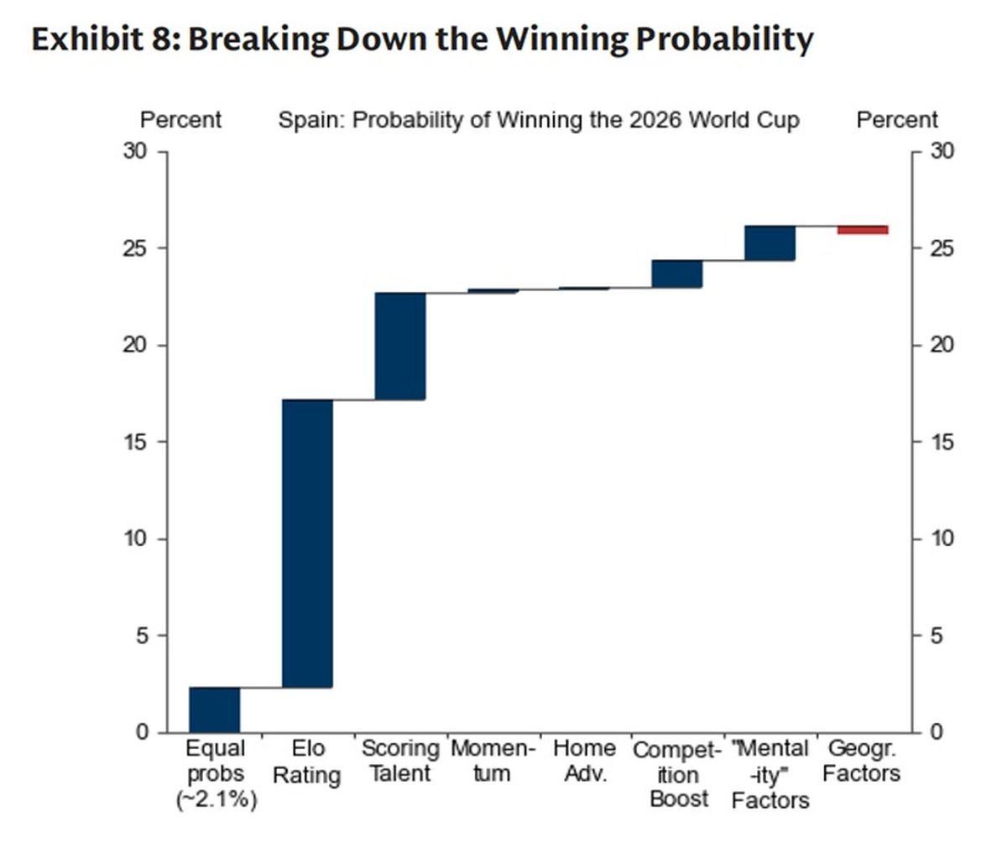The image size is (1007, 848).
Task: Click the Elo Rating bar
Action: [x=308, y=544]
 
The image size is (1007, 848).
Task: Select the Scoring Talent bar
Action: [x=400, y=346]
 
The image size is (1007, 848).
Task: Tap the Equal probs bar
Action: [x=215, y=710]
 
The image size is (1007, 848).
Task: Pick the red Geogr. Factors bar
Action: [x=863, y=230]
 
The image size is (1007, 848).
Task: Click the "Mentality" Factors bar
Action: [x=770, y=243]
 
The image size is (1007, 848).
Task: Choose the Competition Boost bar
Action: [x=677, y=273]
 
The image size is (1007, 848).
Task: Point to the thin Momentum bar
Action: [x=493, y=291]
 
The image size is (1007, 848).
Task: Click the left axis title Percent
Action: [x=181, y=120]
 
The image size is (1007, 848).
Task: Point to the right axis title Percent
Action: [x=897, y=120]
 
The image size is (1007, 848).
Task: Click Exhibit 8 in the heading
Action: [x=106, y=39]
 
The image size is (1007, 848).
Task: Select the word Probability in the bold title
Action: [x=724, y=39]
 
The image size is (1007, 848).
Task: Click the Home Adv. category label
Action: [x=585, y=762]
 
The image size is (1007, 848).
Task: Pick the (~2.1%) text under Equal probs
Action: [x=216, y=800]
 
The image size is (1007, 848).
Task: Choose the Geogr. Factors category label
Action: [x=862, y=762]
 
